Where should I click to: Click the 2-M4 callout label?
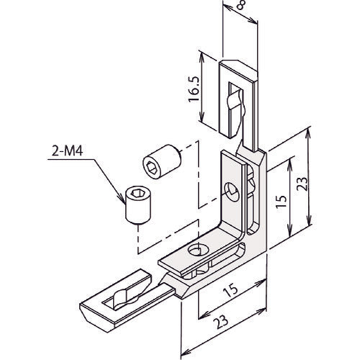pos(68,151)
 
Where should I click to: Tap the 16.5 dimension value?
pos(194,89)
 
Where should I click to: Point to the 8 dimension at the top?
pos(240,5)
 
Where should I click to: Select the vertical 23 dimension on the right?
pos(302,184)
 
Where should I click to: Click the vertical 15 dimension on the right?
pos(282,201)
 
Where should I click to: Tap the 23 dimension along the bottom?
pos(221,321)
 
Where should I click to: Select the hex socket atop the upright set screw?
pos(137,193)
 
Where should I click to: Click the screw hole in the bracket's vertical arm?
pos(233,192)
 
